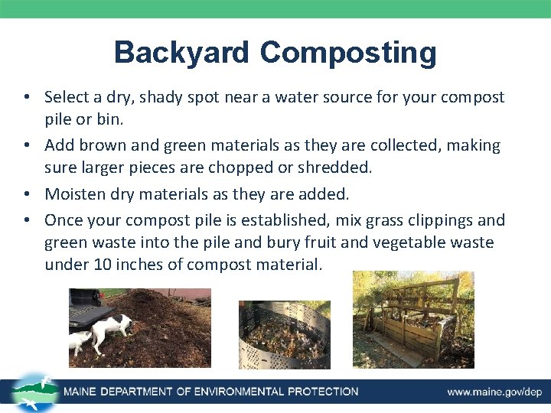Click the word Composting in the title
click(348, 54)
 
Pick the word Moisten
click(73, 194)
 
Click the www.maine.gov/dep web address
click(494, 392)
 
